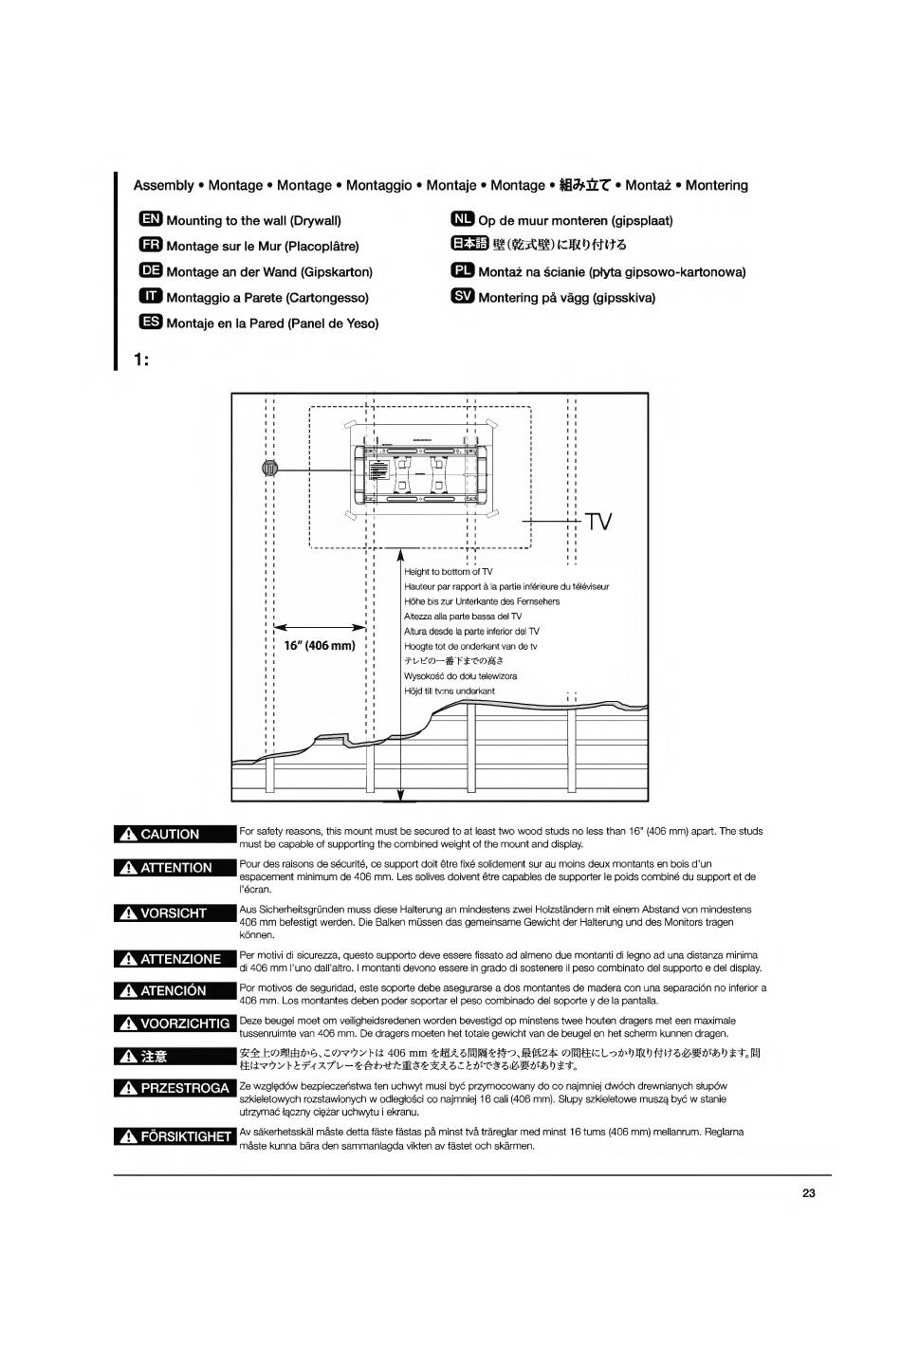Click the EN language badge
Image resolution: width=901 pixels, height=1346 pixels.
[151, 220]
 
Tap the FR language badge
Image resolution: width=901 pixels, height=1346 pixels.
[151, 246]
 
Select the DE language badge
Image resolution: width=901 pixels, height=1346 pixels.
[151, 271]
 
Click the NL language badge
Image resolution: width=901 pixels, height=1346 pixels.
[462, 220]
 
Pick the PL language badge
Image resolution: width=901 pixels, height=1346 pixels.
[462, 271]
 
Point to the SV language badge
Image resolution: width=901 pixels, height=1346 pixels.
[462, 297]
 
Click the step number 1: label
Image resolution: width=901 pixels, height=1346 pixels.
[142, 360]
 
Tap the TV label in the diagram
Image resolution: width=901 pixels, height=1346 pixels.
[598, 523]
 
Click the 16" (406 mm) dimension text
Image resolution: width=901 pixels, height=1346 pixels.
[320, 646]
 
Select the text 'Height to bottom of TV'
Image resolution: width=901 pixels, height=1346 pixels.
[449, 572]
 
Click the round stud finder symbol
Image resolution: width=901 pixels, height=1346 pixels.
[270, 468]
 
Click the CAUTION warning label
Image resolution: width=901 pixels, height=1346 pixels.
[174, 835]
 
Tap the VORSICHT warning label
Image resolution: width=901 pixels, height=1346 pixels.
[174, 913]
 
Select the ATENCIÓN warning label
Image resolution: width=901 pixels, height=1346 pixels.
[174, 990]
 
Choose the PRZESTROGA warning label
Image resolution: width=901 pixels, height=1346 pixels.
[174, 1088]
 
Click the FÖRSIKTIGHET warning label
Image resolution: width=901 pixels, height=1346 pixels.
[174, 1136]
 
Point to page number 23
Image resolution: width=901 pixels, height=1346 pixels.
[808, 1193]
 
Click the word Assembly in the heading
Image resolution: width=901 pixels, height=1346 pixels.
[163, 186]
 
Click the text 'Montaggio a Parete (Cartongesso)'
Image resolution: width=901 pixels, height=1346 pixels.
[267, 298]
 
